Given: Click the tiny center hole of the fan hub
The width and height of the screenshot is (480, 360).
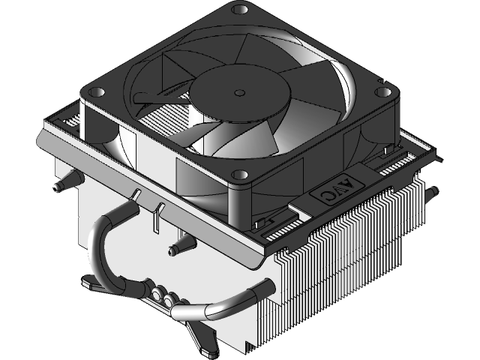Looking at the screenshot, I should tap(239, 92).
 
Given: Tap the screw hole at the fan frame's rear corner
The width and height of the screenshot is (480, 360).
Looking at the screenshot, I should tap(240, 11).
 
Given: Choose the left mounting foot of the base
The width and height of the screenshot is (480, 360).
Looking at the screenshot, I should tap(92, 284).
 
